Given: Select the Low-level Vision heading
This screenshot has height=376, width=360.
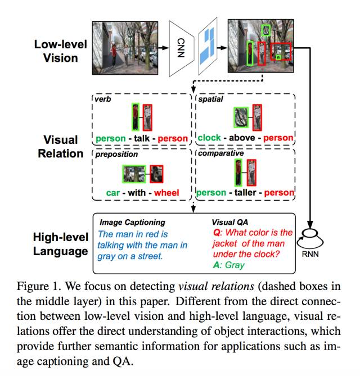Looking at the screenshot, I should pyautogui.click(x=60, y=50).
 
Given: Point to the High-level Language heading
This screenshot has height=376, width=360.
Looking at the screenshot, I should pyautogui.click(x=60, y=243).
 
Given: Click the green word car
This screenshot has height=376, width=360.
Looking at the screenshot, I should pyautogui.click(x=113, y=193).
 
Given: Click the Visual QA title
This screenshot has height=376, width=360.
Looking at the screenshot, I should pyautogui.click(x=231, y=222).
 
